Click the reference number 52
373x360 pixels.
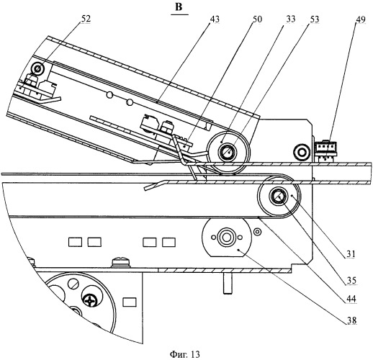86,19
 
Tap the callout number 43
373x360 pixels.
215,19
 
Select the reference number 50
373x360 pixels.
257,19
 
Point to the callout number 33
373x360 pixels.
290,19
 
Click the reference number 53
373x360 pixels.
314,19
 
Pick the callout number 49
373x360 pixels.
361,19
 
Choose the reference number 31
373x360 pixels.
351,254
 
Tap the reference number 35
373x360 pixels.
351,280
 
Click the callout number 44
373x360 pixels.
351,299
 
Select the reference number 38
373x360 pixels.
351,320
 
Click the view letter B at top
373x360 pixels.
179,7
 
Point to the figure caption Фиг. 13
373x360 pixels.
185,354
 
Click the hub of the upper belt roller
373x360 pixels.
228,152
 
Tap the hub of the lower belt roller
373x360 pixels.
279,197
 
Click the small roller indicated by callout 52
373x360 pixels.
37,68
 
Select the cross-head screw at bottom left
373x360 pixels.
91,300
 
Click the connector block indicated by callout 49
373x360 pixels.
325,150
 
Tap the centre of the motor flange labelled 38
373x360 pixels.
225,238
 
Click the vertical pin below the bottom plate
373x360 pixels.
228,284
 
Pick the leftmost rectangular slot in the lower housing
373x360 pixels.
75,242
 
